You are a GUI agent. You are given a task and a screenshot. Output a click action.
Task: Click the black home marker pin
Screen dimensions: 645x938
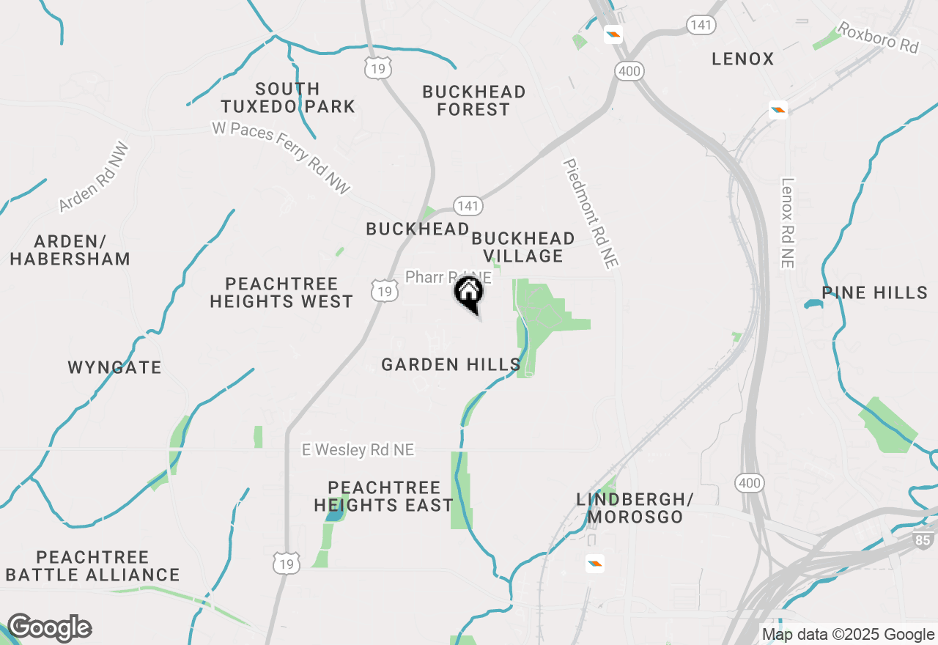pos(469,293)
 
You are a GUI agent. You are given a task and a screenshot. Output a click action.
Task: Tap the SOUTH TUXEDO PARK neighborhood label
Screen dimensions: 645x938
pos(288,98)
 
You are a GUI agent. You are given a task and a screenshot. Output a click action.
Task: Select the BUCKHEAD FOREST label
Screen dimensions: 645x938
pos(474,101)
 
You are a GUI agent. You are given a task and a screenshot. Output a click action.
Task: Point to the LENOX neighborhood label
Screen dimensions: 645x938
pos(743,59)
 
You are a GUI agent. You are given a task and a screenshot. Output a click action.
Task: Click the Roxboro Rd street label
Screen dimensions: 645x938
pos(878,37)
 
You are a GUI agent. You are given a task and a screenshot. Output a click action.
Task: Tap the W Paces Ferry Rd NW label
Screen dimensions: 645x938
pos(281,157)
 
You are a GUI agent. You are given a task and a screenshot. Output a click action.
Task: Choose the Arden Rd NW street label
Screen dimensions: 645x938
pos(95,177)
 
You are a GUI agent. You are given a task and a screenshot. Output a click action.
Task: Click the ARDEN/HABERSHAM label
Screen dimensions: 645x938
pos(70,250)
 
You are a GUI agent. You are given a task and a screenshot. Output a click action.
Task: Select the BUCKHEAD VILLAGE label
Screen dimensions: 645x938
pos(522,247)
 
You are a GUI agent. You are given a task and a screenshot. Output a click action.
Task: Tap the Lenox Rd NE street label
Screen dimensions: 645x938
pos(788,223)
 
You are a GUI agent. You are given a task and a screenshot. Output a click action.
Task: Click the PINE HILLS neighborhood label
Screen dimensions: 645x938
pos(875,293)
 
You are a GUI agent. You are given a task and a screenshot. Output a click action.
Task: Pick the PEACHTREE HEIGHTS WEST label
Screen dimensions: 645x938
pos(281,292)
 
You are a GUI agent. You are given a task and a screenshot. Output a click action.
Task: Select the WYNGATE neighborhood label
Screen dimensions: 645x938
pos(115,367)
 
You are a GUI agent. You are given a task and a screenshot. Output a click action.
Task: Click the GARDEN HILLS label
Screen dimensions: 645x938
pos(451,364)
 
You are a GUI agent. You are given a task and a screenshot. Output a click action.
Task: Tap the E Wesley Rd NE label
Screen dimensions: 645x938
pos(358,449)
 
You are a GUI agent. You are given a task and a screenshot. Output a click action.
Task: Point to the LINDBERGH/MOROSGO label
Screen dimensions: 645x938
pos(635,508)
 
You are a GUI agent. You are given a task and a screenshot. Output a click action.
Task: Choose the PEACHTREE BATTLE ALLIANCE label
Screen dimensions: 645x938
pos(93,566)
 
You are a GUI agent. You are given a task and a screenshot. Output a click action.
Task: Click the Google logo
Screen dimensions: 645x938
pos(49,628)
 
